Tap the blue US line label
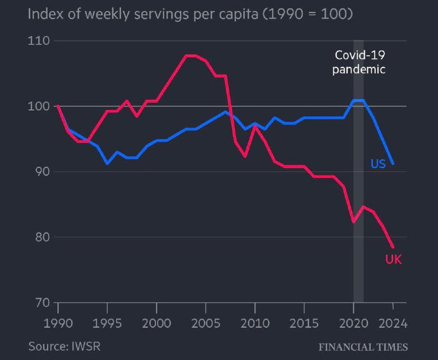pyautogui.click(x=378, y=163)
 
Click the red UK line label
pyautogui.click(x=393, y=259)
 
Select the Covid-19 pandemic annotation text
pyautogui.click(x=360, y=62)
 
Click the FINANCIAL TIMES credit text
pyautogui.click(x=363, y=347)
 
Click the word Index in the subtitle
pyautogui.click(x=44, y=12)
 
